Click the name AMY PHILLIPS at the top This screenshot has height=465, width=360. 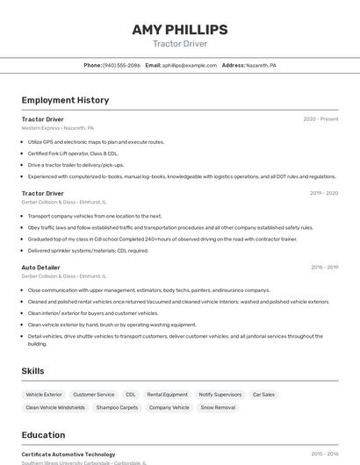(x=180, y=30)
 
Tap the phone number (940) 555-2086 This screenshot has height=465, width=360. (x=121, y=65)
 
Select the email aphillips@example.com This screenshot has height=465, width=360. (x=189, y=65)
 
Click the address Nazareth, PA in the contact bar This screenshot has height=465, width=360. (x=261, y=65)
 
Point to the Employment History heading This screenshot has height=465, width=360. (x=65, y=100)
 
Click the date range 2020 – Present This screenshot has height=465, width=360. (x=320, y=119)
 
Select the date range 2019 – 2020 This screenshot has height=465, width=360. (x=323, y=193)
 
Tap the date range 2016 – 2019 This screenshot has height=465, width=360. (x=324, y=267)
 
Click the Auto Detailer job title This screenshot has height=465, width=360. (x=41, y=267)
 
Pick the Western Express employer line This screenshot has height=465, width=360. (x=57, y=128)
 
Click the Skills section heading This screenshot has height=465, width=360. (x=33, y=371)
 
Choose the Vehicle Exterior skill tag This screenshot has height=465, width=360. (x=44, y=395)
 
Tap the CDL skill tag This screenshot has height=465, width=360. (x=131, y=395)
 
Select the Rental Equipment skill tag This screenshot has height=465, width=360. (x=167, y=395)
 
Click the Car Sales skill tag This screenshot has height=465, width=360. (x=263, y=395)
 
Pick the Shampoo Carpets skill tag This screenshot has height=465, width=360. (x=117, y=408)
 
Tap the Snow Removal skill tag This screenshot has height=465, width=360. (x=218, y=408)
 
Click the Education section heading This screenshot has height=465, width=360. (x=43, y=435)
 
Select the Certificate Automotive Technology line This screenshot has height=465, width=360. (x=68, y=454)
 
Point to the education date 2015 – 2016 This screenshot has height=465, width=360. (x=324, y=454)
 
